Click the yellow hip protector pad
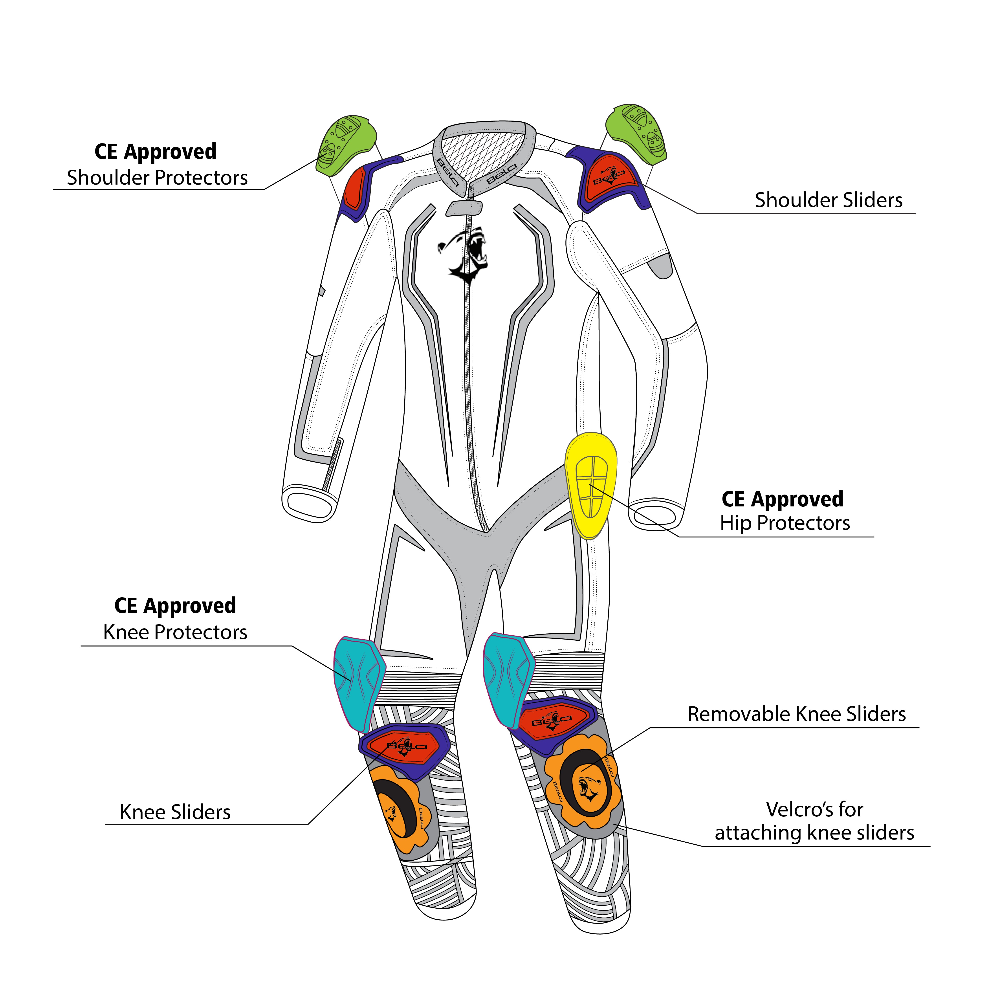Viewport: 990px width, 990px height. click(591, 484)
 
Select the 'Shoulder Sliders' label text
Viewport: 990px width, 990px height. click(828, 200)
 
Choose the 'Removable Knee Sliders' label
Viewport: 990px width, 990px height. click(796, 714)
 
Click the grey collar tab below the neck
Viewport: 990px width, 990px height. click(464, 207)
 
